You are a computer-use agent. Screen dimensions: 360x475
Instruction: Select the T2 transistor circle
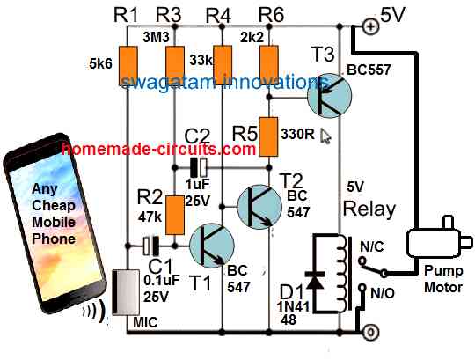(x=262, y=208)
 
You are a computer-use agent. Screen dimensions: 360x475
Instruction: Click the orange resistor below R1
(x=128, y=62)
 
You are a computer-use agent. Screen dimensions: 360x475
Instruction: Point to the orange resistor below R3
(x=175, y=62)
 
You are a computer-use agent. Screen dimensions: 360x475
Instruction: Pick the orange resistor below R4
(x=223, y=62)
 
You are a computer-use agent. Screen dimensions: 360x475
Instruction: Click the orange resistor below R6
(x=269, y=61)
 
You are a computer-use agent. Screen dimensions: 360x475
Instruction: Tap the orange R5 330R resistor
(x=269, y=129)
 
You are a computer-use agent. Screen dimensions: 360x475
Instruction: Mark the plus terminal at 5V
(x=370, y=26)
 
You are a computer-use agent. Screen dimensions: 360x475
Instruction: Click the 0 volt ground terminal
(x=370, y=332)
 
